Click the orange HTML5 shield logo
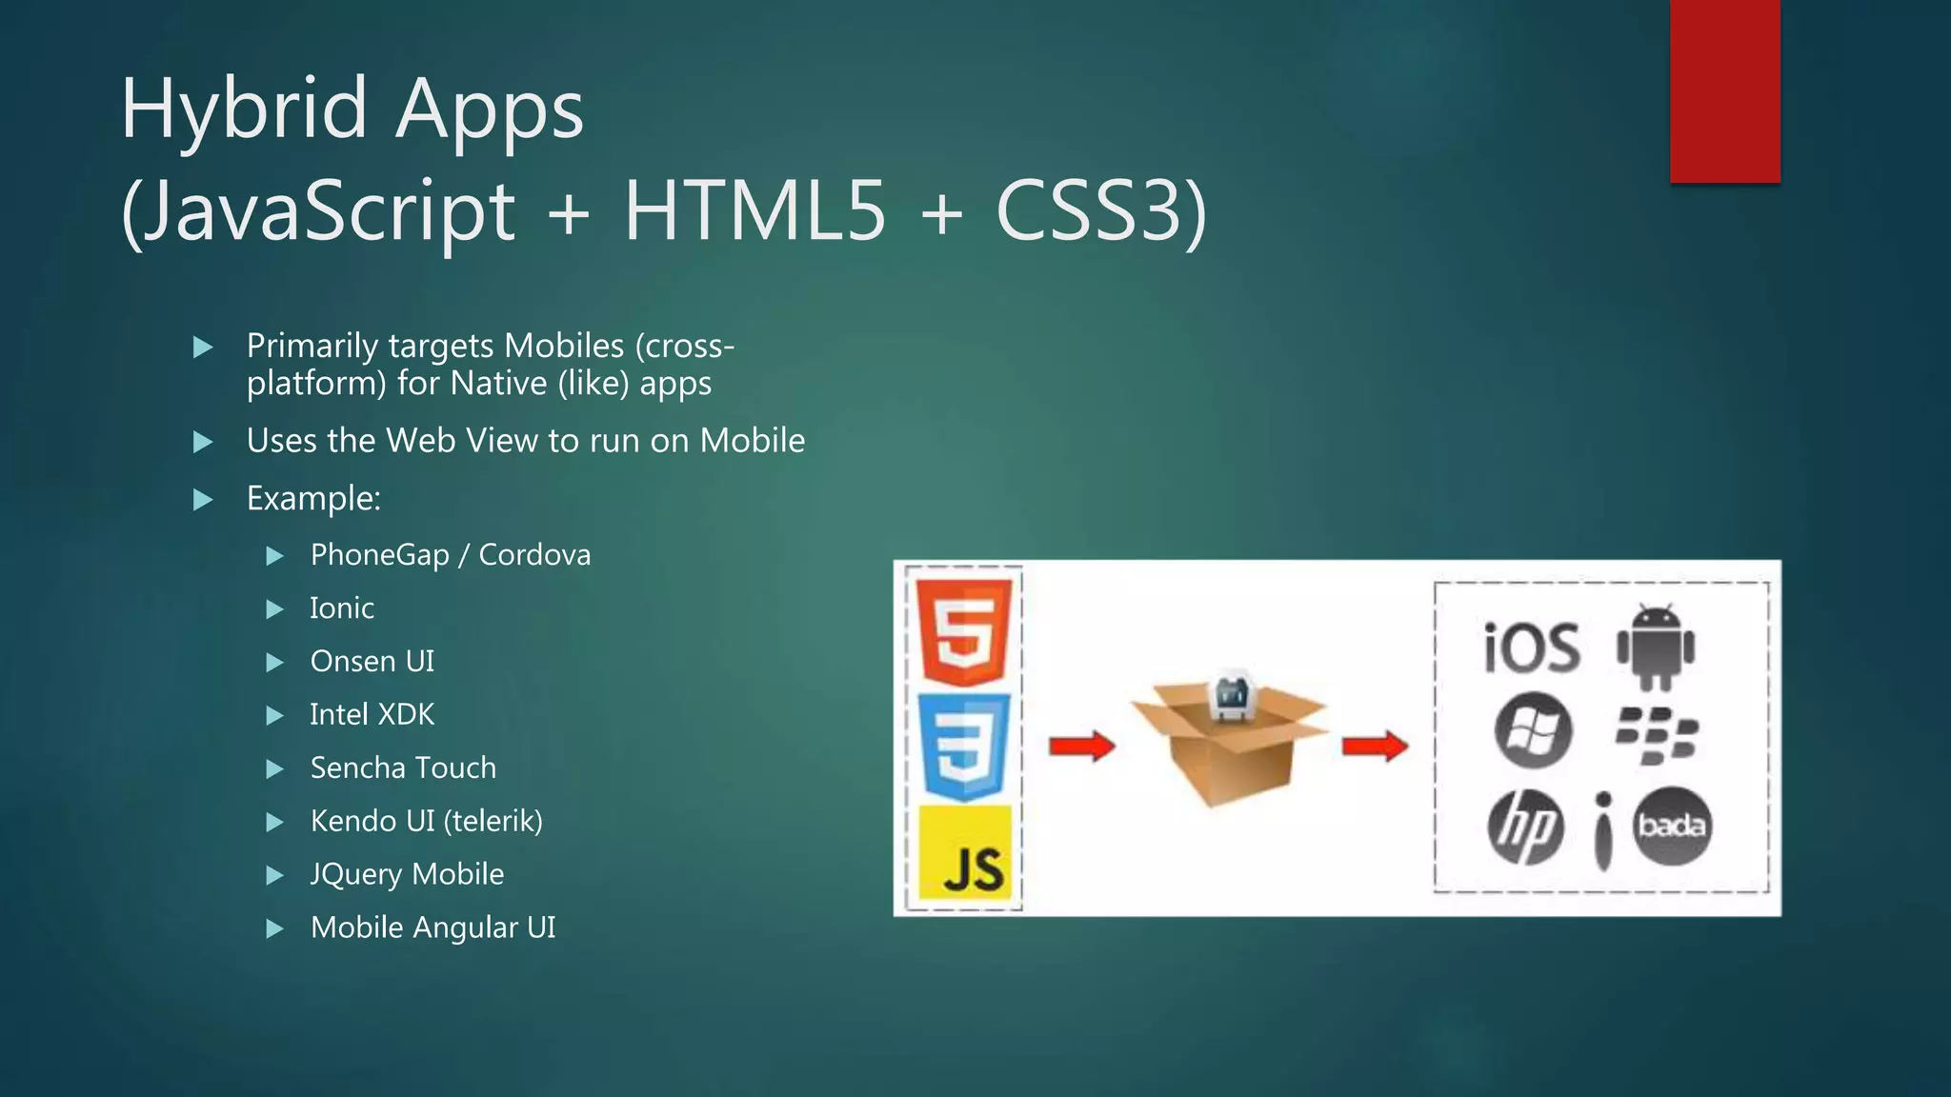coord(963,630)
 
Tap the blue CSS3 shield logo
coord(963,747)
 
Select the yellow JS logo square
coord(964,853)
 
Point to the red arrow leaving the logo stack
coord(1082,746)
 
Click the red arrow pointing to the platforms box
coord(1375,746)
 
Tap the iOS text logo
coord(1532,648)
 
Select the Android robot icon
coord(1657,646)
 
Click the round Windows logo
coord(1533,731)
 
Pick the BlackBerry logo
coord(1657,735)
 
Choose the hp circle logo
coord(1526,827)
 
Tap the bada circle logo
coord(1672,826)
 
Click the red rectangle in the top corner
coord(1724,90)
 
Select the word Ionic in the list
coord(342,608)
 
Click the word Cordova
coord(534,555)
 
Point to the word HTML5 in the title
coord(754,211)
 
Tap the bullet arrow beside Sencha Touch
coord(275,768)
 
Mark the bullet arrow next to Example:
coord(203,500)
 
